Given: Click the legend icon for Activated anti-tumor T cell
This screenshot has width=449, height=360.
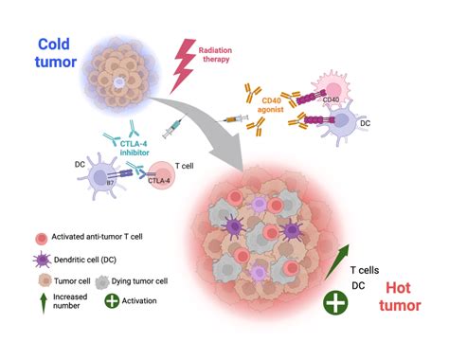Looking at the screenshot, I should pos(40,237).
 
